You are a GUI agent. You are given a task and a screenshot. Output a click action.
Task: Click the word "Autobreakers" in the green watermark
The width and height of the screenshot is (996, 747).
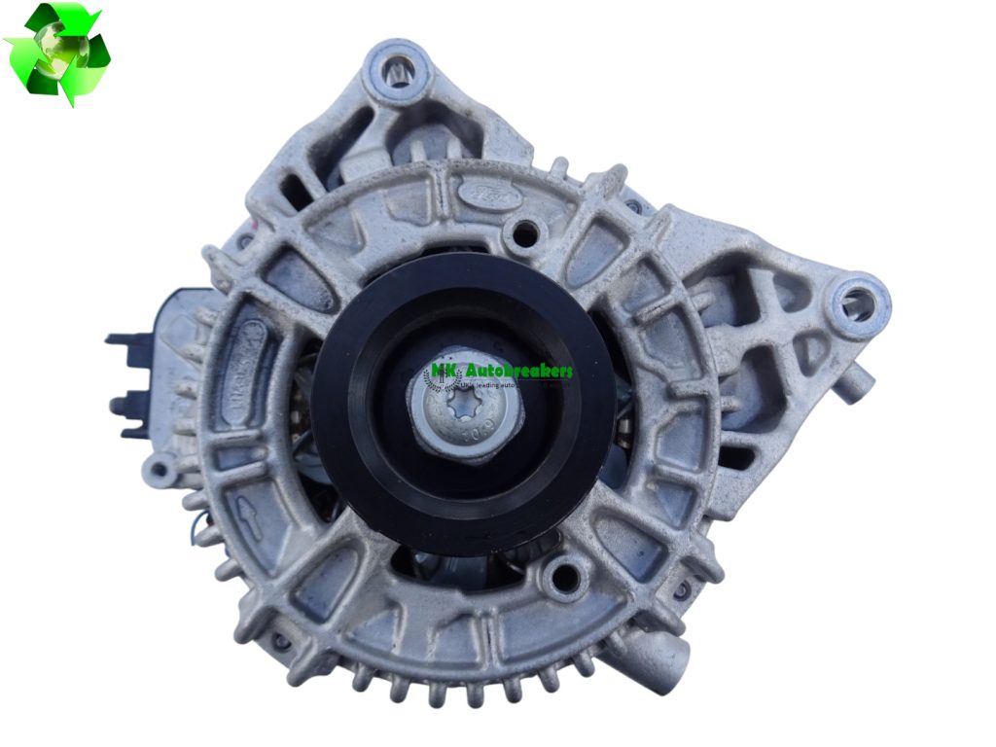point(518,371)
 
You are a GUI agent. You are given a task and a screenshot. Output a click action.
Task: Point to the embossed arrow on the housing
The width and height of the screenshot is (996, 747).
point(249,526)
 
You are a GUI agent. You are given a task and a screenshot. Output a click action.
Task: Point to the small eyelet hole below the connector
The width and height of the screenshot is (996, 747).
point(155,472)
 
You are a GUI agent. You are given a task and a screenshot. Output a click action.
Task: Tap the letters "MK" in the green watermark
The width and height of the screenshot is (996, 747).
point(444,371)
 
